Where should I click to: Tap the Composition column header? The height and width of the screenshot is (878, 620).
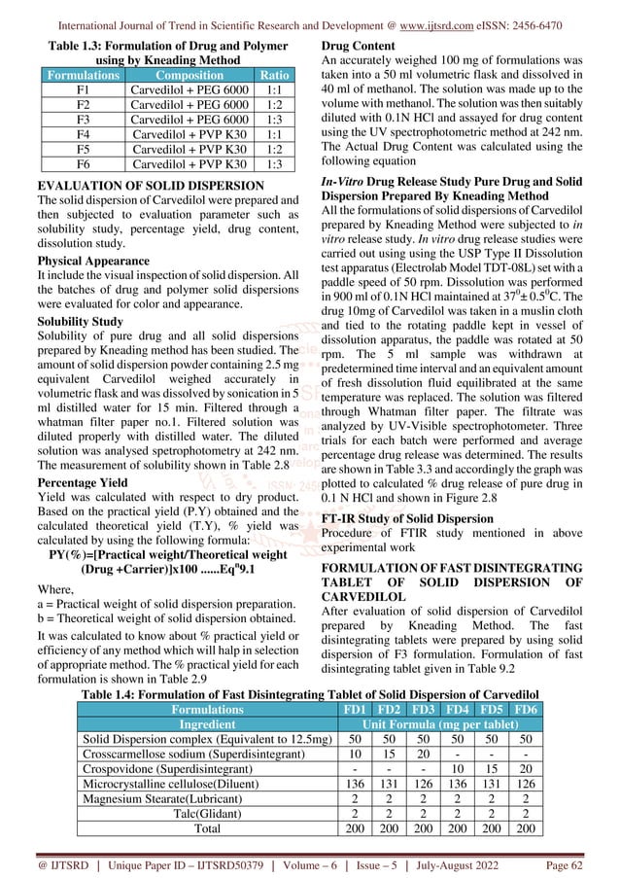point(183,73)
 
